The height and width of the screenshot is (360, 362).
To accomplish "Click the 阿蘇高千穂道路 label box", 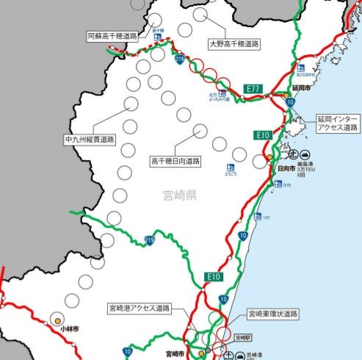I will click(x=114, y=35).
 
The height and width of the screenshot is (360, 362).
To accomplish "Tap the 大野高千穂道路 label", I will click(x=234, y=43).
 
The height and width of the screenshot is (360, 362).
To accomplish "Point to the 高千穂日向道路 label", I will click(x=175, y=160).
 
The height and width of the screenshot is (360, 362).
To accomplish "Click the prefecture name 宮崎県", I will click(x=180, y=195).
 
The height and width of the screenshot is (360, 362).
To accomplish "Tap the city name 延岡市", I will click(x=301, y=87).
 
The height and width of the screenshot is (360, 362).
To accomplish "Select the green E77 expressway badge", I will click(x=253, y=89).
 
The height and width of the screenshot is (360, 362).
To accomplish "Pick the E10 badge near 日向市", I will click(x=264, y=135).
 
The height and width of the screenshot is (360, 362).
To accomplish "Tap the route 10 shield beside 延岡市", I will click(x=291, y=102).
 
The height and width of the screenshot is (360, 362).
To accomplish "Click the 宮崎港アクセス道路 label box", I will click(x=139, y=307).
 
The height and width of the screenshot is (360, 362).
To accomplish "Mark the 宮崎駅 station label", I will click(x=242, y=337).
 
